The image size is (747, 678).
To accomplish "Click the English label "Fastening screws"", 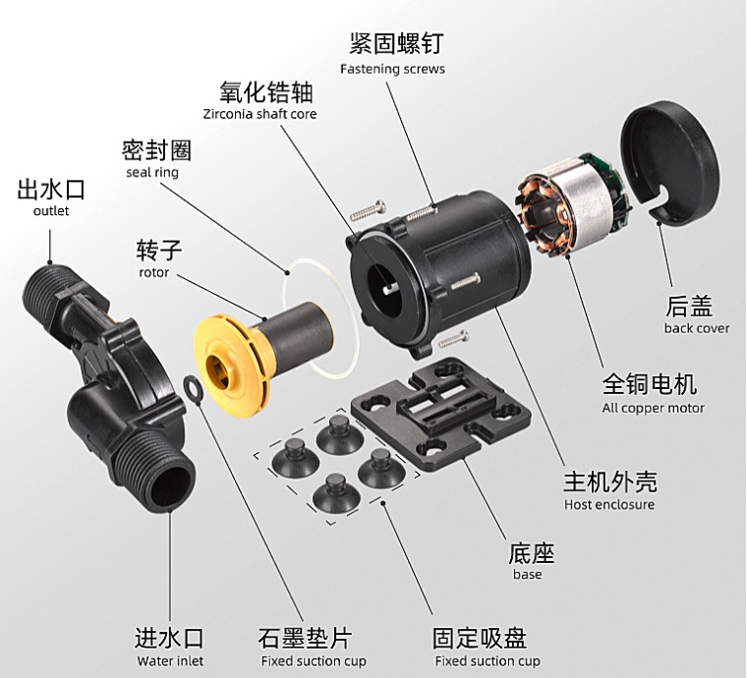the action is tap(392, 69).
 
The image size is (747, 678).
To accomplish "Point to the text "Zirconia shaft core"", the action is tap(259, 114).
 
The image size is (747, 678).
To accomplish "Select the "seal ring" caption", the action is tap(152, 172).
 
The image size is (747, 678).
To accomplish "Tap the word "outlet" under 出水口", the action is tap(51, 210).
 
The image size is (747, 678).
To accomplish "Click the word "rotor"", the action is tap(154, 273).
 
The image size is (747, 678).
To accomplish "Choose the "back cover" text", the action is tap(697, 328).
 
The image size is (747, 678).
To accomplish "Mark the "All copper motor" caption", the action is tap(653, 408).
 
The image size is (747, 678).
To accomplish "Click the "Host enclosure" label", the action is tap(609, 505).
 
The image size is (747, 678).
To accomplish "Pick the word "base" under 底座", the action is tap(528, 574).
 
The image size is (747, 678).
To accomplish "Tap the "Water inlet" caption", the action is tap(170, 661).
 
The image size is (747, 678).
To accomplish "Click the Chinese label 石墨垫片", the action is tap(306, 638).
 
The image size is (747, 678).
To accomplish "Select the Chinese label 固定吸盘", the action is tap(480, 638).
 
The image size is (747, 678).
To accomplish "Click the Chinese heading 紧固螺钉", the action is tap(396, 43).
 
